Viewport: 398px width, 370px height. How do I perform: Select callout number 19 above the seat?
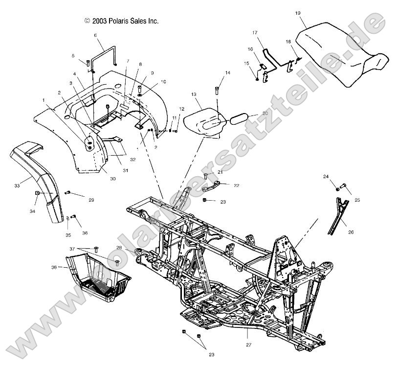point(297,13)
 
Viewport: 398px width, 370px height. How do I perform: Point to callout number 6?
point(95,35)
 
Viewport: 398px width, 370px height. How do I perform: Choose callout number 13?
point(193,94)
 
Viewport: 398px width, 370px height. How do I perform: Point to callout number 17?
point(254,32)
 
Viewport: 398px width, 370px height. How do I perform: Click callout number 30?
point(112,179)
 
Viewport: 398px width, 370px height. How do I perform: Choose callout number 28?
point(119,247)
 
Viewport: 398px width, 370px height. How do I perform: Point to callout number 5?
point(73,55)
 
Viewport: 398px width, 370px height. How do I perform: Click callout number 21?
point(220,172)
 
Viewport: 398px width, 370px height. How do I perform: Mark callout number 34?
point(32,211)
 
